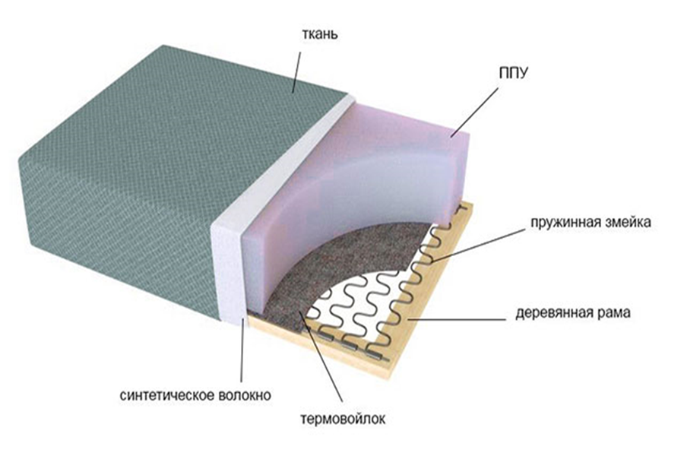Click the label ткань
click(319, 34)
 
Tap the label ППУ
click(513, 73)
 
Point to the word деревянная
click(553, 313)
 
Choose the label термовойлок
click(343, 420)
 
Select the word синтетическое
click(167, 395)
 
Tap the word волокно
click(245, 395)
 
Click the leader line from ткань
click(296, 72)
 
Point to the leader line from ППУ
click(474, 111)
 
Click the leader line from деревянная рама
click(457, 319)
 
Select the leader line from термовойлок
click(321, 356)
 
